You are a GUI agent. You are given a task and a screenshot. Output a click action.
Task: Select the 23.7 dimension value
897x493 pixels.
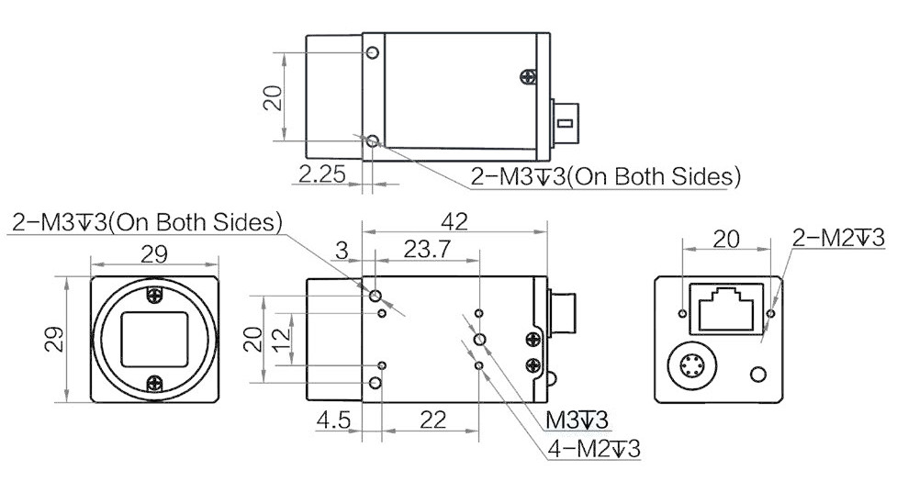coord(427,250)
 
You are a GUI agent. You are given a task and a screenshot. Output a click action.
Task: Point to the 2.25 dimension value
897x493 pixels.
coord(322,174)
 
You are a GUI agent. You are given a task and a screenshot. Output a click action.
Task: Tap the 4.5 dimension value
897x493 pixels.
coord(333,420)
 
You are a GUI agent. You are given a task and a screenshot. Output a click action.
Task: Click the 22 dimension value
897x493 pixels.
coord(432,420)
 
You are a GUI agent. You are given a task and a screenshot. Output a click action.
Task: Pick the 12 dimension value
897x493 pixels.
coord(282,340)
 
